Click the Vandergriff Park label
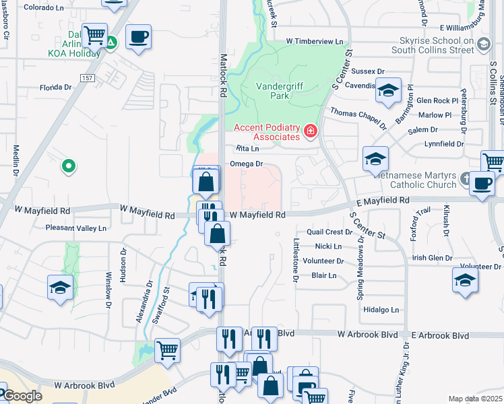[x=282, y=90]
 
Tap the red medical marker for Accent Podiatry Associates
[x=311, y=130]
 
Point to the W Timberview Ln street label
[x=314, y=42]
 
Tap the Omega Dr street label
[x=245, y=164]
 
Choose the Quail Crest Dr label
[x=329, y=232]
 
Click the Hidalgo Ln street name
[x=381, y=310]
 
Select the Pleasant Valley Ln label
[x=75, y=228]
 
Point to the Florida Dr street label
[x=55, y=88]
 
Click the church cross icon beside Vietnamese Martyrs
[x=466, y=178]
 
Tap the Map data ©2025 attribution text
[x=475, y=399]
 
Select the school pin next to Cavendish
[x=387, y=91]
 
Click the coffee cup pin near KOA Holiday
[x=138, y=37]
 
